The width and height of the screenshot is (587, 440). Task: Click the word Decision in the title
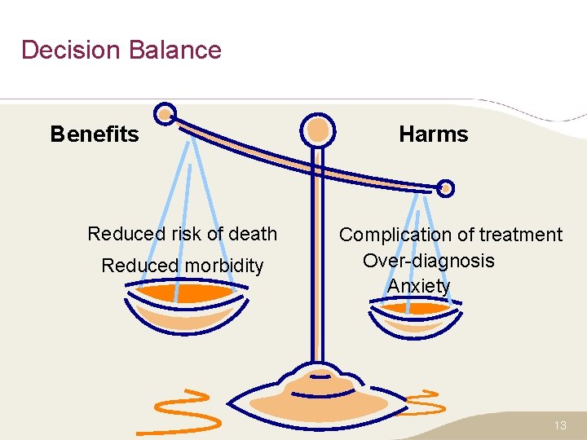point(70,50)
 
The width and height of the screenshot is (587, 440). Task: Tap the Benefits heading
point(95,134)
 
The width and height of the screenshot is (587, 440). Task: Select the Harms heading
point(433,134)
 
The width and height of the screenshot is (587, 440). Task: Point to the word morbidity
point(223,266)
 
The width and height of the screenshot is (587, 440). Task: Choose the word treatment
point(520,235)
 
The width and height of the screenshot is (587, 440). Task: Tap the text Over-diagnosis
point(428,261)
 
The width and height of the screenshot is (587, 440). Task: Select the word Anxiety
point(418,286)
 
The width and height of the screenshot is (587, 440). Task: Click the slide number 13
point(559,426)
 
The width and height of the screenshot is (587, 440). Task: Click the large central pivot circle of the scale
point(317,130)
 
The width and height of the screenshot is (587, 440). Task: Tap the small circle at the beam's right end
point(445,188)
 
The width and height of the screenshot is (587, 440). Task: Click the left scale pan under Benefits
point(184,305)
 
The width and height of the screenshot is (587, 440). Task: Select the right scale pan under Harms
point(416,314)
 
